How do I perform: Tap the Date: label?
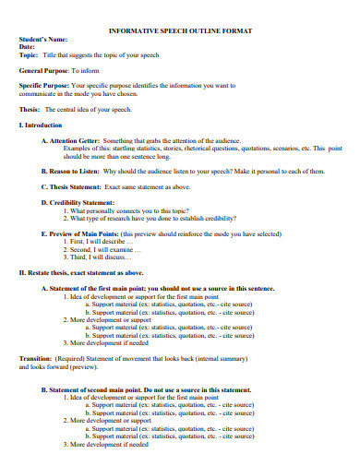28,47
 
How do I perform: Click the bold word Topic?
30,54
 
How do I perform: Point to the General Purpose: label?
46,70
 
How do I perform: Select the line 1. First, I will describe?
101,242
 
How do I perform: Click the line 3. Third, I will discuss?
101,257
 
